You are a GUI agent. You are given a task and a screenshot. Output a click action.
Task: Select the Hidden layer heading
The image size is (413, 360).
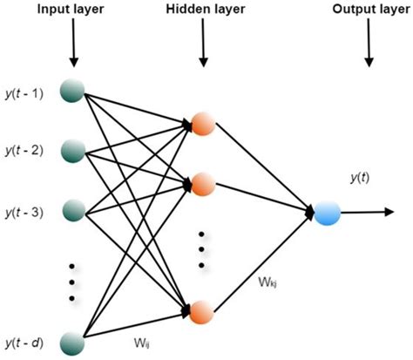point(202,10)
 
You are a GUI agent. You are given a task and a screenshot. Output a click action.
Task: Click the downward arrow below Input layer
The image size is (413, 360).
point(72,48)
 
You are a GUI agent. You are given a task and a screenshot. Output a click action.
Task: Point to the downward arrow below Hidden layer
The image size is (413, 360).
point(202,48)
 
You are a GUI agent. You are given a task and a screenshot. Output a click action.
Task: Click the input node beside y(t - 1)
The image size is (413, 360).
point(72,91)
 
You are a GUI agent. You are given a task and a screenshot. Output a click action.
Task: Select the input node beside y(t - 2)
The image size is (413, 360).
point(72,152)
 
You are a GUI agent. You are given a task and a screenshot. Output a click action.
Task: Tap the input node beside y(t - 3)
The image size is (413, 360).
point(72,212)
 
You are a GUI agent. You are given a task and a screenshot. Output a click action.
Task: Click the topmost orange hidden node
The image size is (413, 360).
point(202,124)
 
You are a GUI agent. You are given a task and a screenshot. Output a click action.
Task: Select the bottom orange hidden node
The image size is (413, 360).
point(202,311)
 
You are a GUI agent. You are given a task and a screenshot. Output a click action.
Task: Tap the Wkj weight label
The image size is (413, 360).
point(268,283)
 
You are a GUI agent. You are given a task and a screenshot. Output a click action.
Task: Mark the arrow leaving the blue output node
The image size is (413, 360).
point(366,212)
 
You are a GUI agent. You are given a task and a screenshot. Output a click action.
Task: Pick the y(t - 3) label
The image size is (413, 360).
point(25,213)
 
